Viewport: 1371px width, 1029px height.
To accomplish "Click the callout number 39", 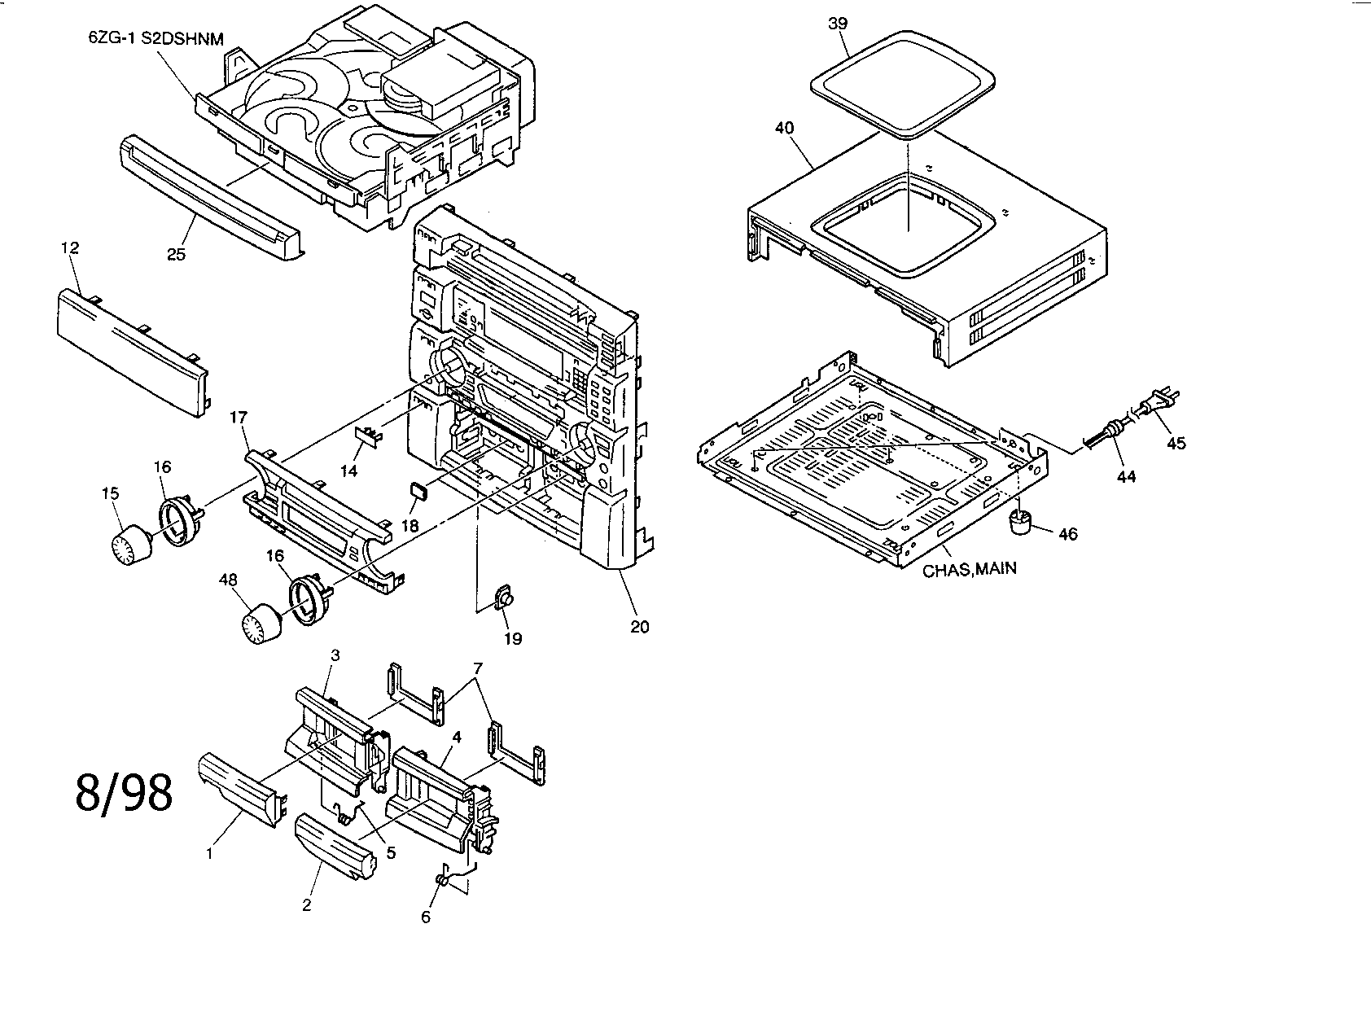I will tap(838, 24).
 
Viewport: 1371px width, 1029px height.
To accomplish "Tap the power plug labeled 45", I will tap(1161, 402).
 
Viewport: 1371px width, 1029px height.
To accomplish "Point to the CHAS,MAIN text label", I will tap(969, 568).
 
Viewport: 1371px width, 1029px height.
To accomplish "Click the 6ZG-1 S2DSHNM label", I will tap(155, 38).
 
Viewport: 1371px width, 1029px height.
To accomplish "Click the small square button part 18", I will tap(418, 490).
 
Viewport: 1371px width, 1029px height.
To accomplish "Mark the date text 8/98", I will tap(124, 792).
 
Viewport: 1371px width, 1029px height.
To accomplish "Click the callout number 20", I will tap(640, 627).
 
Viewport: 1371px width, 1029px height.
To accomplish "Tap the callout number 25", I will tap(176, 254).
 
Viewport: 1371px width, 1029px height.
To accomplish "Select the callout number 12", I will tap(70, 248).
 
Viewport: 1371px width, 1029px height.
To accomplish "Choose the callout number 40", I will tap(785, 128).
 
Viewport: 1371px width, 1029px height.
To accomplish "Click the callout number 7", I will tap(477, 668).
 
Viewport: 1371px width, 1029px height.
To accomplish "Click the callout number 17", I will tap(238, 418).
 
